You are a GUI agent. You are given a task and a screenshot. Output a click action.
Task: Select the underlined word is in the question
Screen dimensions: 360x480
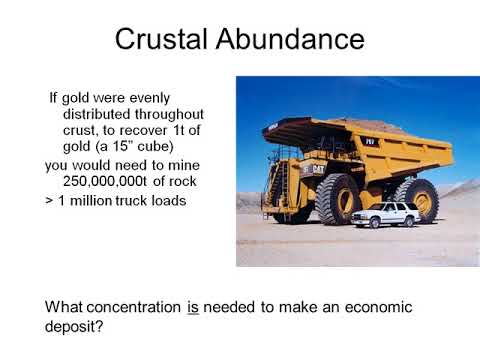coord(193,308)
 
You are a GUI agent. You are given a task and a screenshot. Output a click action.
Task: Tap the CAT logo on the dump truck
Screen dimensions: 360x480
coord(317,170)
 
